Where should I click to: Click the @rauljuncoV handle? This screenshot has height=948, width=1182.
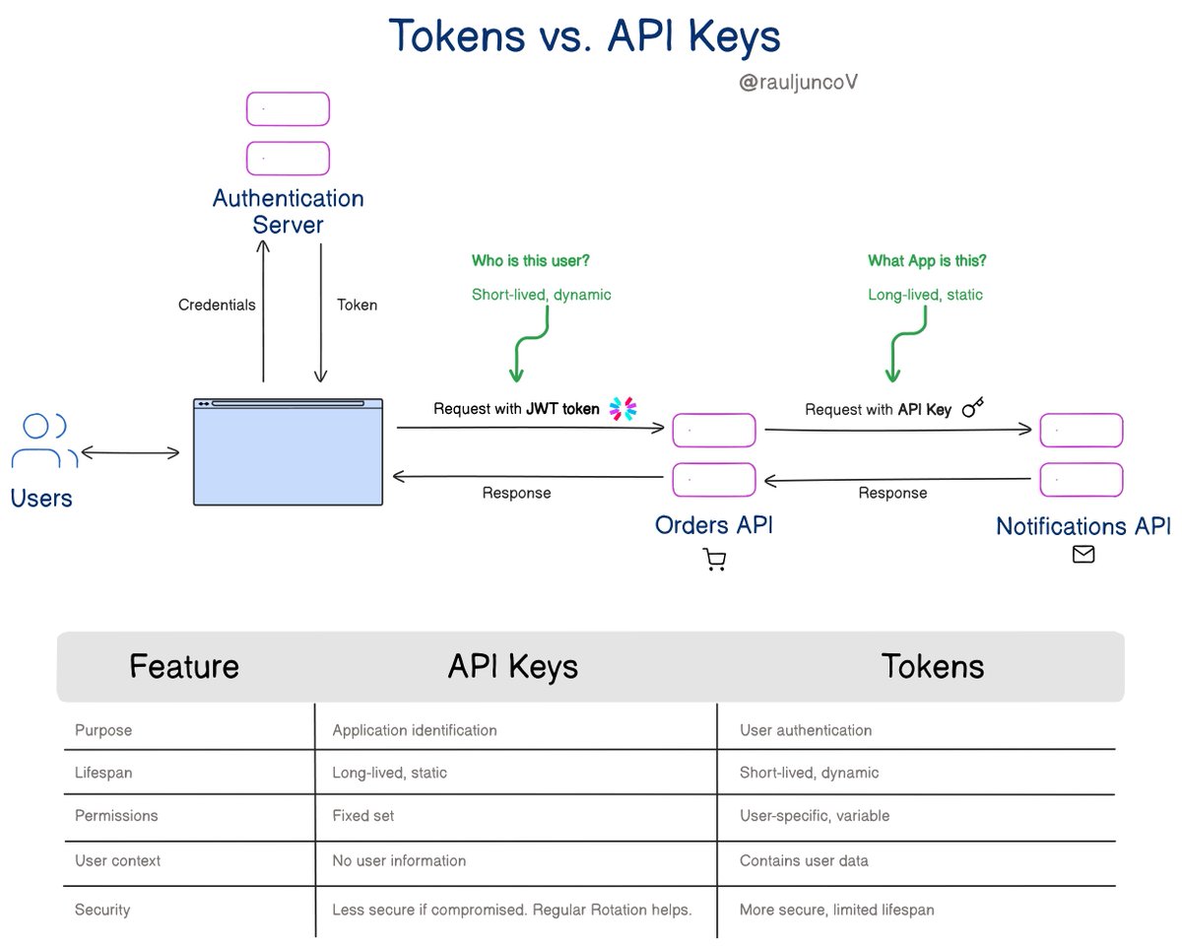(x=798, y=82)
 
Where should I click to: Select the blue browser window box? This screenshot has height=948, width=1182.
(x=289, y=452)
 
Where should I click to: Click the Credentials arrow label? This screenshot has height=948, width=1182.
(x=217, y=305)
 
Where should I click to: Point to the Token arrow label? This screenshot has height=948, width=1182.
(x=357, y=305)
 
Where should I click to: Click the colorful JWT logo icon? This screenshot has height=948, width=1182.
(x=623, y=408)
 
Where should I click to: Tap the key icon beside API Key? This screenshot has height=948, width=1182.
(x=973, y=407)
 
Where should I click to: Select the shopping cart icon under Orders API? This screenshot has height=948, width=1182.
(x=715, y=561)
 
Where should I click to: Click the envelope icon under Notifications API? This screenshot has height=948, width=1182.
(x=1083, y=555)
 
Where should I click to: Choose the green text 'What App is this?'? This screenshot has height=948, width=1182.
(x=927, y=261)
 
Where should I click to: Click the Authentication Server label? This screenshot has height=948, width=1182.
(x=289, y=211)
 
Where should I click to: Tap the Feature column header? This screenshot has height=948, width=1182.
(x=184, y=666)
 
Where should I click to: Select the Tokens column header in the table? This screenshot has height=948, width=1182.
(x=932, y=666)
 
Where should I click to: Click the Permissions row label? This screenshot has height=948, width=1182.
(x=116, y=816)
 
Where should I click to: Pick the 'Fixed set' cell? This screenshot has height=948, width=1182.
(x=363, y=816)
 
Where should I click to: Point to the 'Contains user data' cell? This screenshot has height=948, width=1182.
(x=804, y=860)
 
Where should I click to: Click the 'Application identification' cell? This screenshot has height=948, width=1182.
(x=415, y=730)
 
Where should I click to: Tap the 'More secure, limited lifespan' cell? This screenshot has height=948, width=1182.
(x=836, y=910)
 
